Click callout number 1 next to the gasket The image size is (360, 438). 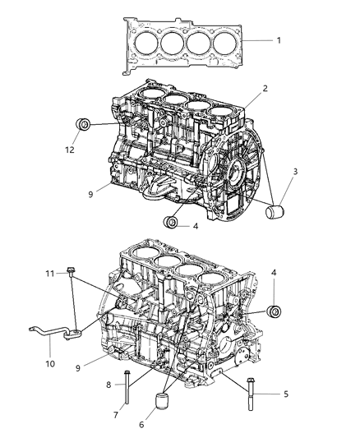[278, 40]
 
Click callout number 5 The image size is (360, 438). [285, 394]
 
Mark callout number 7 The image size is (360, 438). [115, 416]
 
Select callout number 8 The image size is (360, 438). [108, 384]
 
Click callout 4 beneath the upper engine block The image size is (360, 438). [194, 224]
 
